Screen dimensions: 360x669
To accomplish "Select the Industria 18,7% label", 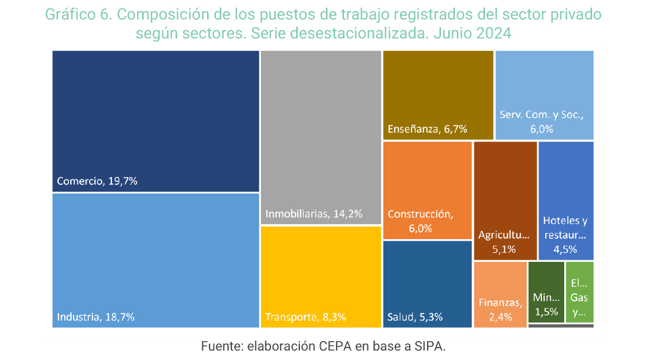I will coord(96,317).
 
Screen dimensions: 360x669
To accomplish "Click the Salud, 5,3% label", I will coord(415,317).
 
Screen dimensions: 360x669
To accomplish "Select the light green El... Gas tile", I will coord(579,291).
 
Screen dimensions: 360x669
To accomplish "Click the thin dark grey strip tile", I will coord(560,326).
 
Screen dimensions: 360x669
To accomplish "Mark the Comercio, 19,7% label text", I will coord(97,181).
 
